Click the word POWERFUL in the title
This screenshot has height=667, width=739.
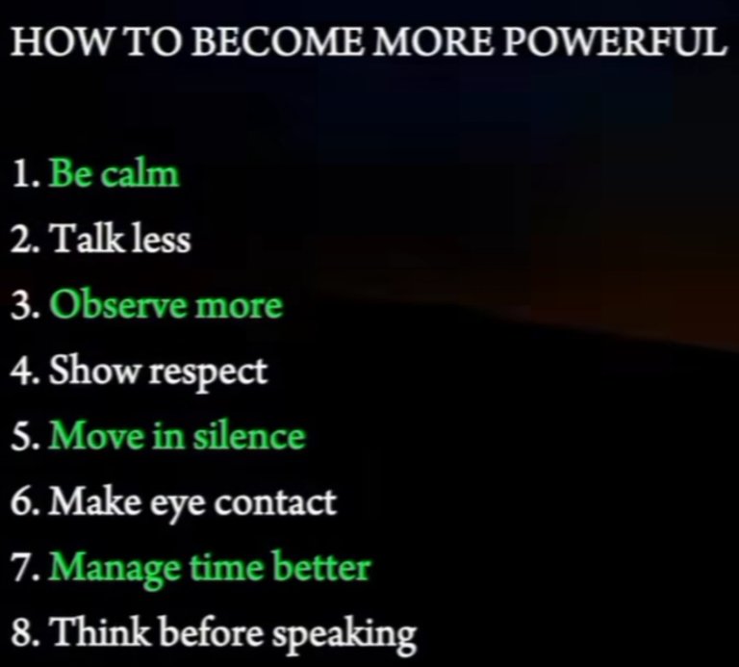coord(613,41)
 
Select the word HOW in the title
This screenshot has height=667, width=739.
coord(63,41)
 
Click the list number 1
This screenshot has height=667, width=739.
coord(22,174)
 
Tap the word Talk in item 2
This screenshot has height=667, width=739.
coord(89,239)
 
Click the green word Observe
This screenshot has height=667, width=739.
coord(119,304)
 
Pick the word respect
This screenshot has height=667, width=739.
coord(208,372)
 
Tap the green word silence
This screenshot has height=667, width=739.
coord(249,436)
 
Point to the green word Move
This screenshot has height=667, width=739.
coord(96,436)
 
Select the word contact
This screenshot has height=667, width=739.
coord(275,501)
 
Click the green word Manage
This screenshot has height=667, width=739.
coord(115,569)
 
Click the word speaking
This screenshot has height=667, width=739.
coord(345,634)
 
